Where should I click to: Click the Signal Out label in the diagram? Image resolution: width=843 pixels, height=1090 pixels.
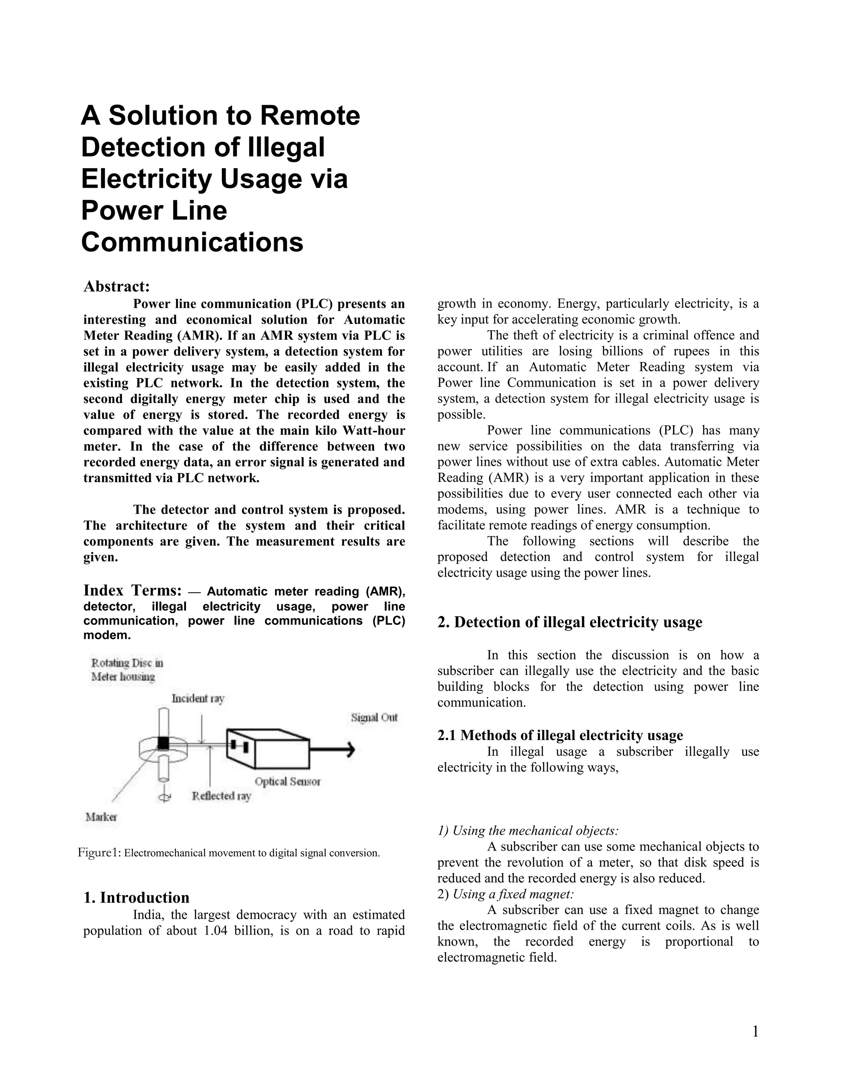tap(374, 718)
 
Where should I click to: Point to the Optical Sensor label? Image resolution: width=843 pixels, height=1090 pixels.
tap(287, 782)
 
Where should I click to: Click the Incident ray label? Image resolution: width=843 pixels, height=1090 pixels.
tap(198, 698)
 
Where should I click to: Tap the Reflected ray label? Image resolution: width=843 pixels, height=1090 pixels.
tap(221, 796)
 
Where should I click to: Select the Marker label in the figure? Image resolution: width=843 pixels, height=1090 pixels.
tap(101, 817)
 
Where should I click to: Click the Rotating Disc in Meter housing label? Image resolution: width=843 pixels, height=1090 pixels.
tap(126, 670)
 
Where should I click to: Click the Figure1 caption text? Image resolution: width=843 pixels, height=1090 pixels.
tap(229, 853)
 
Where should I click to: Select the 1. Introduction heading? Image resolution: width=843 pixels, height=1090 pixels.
tap(136, 898)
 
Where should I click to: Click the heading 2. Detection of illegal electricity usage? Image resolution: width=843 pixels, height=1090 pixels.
tap(570, 622)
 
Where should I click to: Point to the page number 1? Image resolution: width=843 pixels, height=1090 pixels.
tap(755, 1032)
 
